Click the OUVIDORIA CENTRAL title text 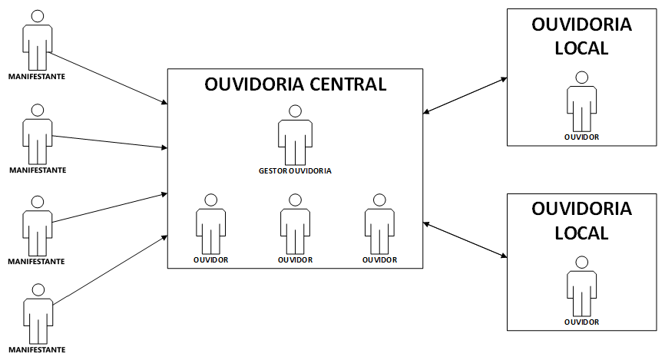[x=295, y=84]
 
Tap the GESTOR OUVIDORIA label [x=295, y=171]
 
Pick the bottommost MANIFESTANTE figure [x=36, y=315]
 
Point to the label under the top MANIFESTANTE [x=36, y=77]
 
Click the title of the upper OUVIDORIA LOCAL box [x=581, y=36]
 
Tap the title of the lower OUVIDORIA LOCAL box [x=581, y=220]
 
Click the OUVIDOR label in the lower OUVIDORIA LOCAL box [x=581, y=322]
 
